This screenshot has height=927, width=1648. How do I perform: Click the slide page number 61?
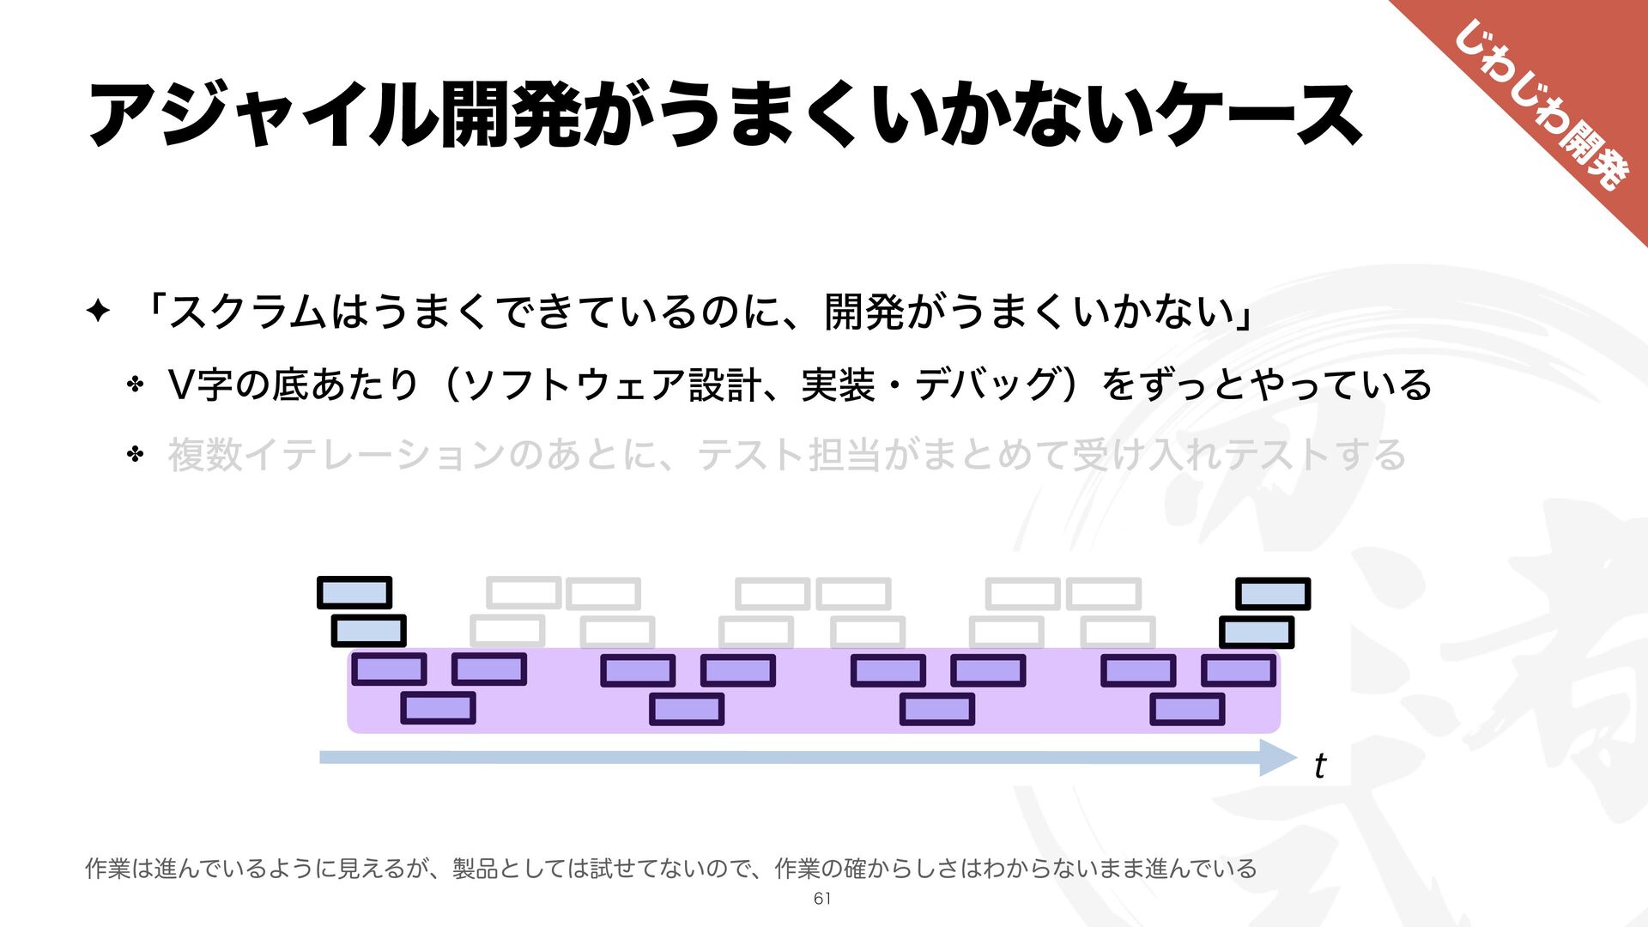821,899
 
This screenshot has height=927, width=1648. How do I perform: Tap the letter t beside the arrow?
1319,766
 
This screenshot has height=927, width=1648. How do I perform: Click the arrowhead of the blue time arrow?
1279,757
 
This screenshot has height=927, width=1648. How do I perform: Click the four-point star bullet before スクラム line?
99,311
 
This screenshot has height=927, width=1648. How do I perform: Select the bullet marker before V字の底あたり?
135,384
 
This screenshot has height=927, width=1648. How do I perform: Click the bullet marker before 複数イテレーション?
135,454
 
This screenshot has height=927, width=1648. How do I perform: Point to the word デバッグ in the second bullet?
987,385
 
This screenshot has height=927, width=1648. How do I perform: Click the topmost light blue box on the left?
354,593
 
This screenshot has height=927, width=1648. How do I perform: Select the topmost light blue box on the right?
1273,594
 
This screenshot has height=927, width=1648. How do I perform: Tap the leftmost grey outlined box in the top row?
523,593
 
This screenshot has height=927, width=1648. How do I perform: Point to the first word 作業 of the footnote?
108,869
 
